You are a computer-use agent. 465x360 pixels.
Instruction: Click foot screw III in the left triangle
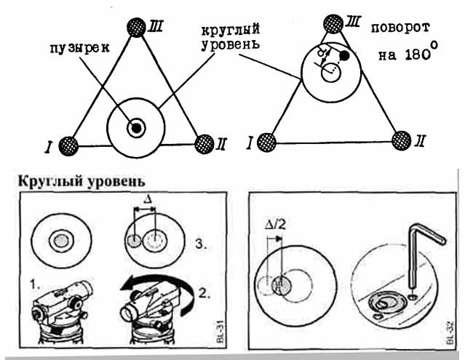click(x=135, y=28)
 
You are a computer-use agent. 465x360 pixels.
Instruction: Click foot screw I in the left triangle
click(x=68, y=144)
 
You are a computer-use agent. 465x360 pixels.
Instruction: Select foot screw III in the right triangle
click(x=333, y=24)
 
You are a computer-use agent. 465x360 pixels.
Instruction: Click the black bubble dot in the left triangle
click(x=136, y=128)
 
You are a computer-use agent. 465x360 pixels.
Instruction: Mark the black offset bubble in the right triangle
click(x=344, y=55)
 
